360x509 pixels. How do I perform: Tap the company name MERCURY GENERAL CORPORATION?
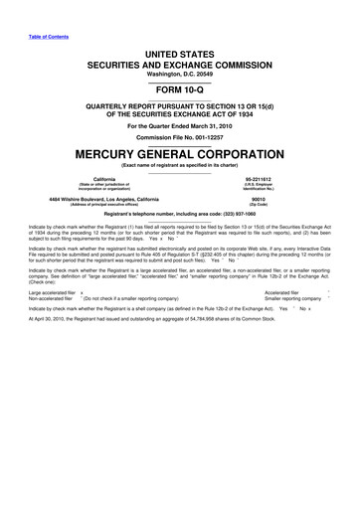pyautogui.click(x=179, y=157)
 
